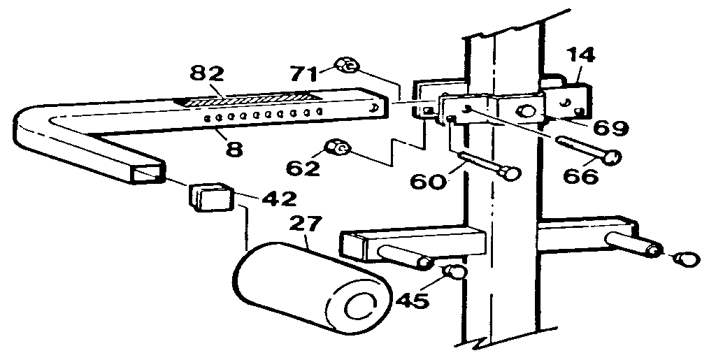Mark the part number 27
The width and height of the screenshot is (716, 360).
point(306,226)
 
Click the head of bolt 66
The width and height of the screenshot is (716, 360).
point(613,159)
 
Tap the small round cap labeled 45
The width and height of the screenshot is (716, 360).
point(455,272)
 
